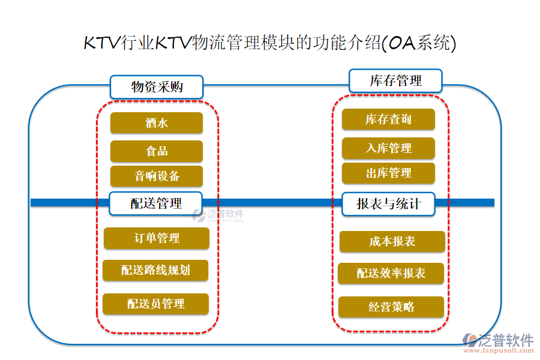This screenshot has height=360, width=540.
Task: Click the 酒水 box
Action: coord(157,123)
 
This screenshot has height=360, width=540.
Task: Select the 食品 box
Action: coord(157,151)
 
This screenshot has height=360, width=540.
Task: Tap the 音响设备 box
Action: coord(157,176)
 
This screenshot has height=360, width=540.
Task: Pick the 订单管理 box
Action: coord(157,238)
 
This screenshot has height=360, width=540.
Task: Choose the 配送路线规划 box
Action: coord(155,270)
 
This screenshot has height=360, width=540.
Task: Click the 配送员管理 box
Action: coord(155,304)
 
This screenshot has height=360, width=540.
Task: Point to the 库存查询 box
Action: coord(388,119)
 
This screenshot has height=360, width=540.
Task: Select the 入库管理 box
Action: coord(388,148)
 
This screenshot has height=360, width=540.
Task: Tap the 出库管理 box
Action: coord(388,173)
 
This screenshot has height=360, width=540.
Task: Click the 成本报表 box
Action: coord(392,242)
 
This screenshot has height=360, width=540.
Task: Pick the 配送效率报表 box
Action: coord(391,274)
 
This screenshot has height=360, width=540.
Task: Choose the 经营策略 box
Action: coord(391,307)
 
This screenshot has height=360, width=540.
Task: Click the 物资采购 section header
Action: coord(157,87)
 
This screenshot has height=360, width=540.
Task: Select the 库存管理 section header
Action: coord(395,80)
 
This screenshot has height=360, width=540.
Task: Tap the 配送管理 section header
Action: coord(155,203)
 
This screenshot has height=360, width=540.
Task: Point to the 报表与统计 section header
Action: coord(388,204)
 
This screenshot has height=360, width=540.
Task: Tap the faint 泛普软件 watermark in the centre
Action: coord(218,215)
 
